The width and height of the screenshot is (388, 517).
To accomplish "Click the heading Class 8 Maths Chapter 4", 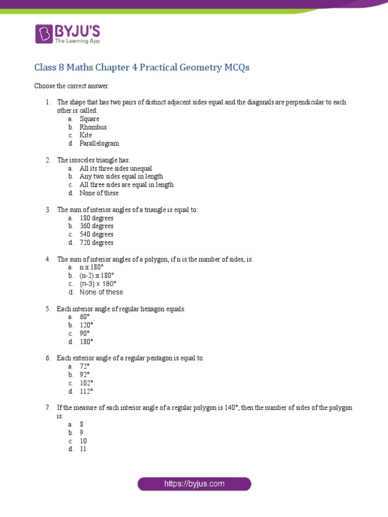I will click(141, 68).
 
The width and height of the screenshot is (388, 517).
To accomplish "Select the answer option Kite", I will click(85, 135).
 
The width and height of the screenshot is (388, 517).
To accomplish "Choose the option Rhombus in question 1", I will click(93, 127).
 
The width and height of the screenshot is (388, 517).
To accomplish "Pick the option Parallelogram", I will click(99, 143).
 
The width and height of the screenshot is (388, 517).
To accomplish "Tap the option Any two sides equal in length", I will click(121, 176).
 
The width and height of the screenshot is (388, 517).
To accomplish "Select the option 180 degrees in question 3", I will click(96, 218).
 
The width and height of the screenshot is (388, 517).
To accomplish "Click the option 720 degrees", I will click(96, 242).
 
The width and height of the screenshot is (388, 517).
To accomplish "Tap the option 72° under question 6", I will click(84, 366).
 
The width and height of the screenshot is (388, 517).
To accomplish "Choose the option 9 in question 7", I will click(81, 432).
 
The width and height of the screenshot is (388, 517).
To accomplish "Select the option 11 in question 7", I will click(83, 448).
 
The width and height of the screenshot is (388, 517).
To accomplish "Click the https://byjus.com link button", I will click(194, 484).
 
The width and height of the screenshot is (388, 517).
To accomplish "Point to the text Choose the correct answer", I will click(71, 86).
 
